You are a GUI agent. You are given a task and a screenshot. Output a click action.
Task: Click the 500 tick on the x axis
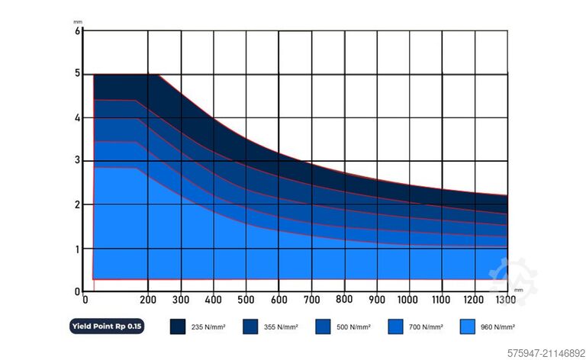coord(246,299)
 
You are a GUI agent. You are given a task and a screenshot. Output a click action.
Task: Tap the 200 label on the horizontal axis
coord(149,299)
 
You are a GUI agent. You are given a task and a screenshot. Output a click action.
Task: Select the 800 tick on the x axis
coord(344,298)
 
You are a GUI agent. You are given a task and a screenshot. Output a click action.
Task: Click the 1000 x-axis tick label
coord(408,299)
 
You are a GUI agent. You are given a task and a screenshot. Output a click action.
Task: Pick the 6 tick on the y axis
coord(77,31)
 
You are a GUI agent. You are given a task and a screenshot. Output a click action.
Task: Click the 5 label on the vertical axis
coord(77,75)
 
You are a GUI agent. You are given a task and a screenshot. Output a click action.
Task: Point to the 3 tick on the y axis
coord(77,161)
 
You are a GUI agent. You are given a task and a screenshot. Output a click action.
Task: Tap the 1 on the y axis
coord(77,249)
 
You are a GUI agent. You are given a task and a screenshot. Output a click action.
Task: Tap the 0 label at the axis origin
coord(77,291)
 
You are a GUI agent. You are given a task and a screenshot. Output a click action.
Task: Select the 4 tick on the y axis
coord(77,118)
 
